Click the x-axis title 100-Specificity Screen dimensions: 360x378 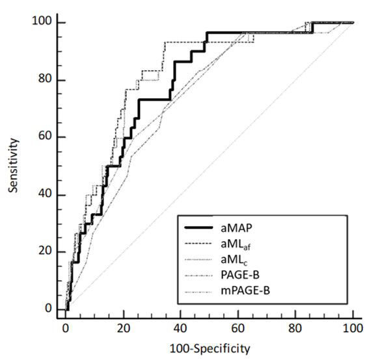[x=209, y=349]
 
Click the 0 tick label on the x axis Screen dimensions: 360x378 [x=66, y=329]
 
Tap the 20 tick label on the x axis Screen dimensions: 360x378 [x=123, y=329]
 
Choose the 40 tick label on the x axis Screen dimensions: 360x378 [x=180, y=329]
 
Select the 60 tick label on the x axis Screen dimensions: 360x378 [x=238, y=329]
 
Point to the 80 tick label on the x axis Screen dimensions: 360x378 [x=295, y=329]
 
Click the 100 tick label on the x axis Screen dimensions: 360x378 [x=353, y=329]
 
